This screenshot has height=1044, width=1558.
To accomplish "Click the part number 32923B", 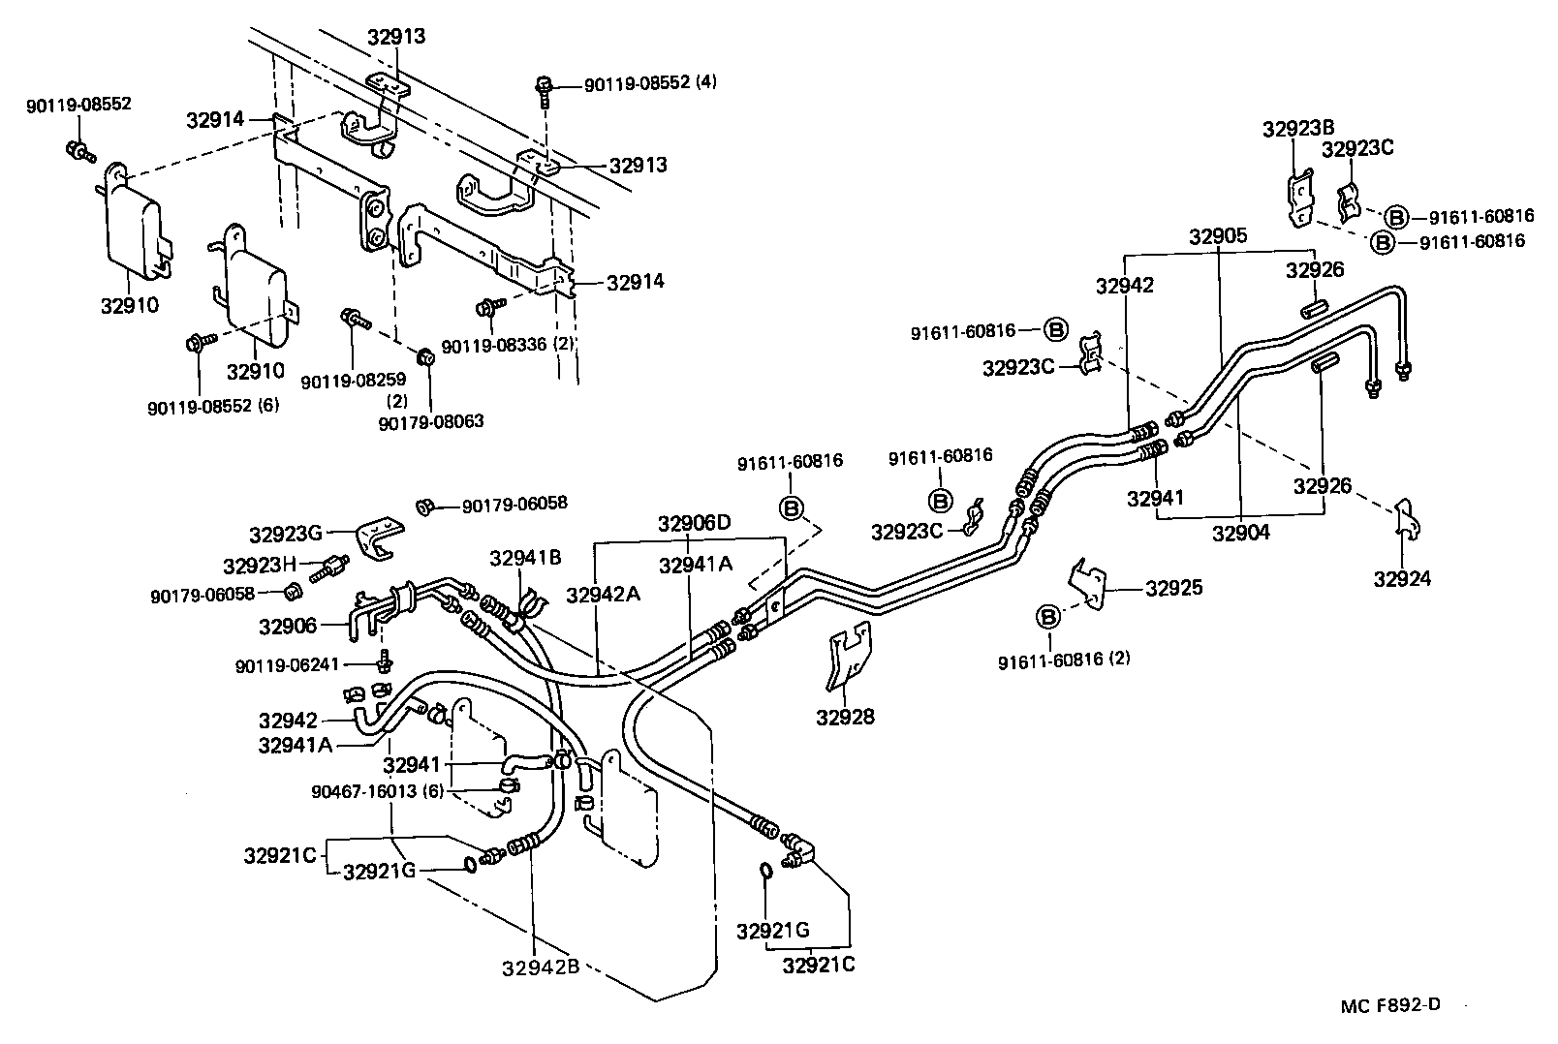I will tap(1298, 128).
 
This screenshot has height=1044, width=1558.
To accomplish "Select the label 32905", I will tap(1219, 237).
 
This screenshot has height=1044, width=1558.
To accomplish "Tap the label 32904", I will tap(1241, 532).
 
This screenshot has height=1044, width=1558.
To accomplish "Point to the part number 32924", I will tap(1401, 579).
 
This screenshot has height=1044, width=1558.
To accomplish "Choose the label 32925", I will tap(1173, 588).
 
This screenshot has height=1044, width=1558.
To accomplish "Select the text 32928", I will tap(845, 717).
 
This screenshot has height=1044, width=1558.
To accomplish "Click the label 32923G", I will tap(286, 533).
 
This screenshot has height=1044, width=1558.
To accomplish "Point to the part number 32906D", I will tap(694, 524).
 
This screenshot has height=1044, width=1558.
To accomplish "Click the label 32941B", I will tap(526, 558).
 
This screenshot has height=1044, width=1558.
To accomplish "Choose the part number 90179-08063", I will tap(431, 422).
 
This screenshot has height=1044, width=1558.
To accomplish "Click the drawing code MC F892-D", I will tap(1391, 1005).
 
